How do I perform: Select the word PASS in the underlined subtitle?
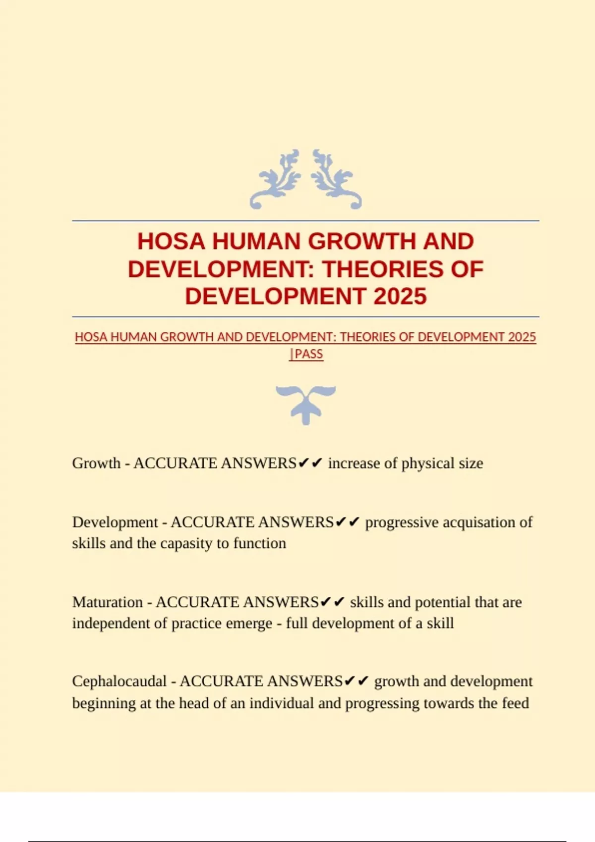pos(308,354)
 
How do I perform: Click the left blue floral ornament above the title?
pos(276,179)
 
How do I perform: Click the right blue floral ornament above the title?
pos(337,179)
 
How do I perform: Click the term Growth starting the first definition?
pos(96,463)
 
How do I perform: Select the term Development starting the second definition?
pos(115,522)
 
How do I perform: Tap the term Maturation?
pos(108,602)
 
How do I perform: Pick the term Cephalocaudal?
pos(119,682)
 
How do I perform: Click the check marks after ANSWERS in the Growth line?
pos(311,463)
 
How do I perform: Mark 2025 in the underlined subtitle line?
pos(522,337)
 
